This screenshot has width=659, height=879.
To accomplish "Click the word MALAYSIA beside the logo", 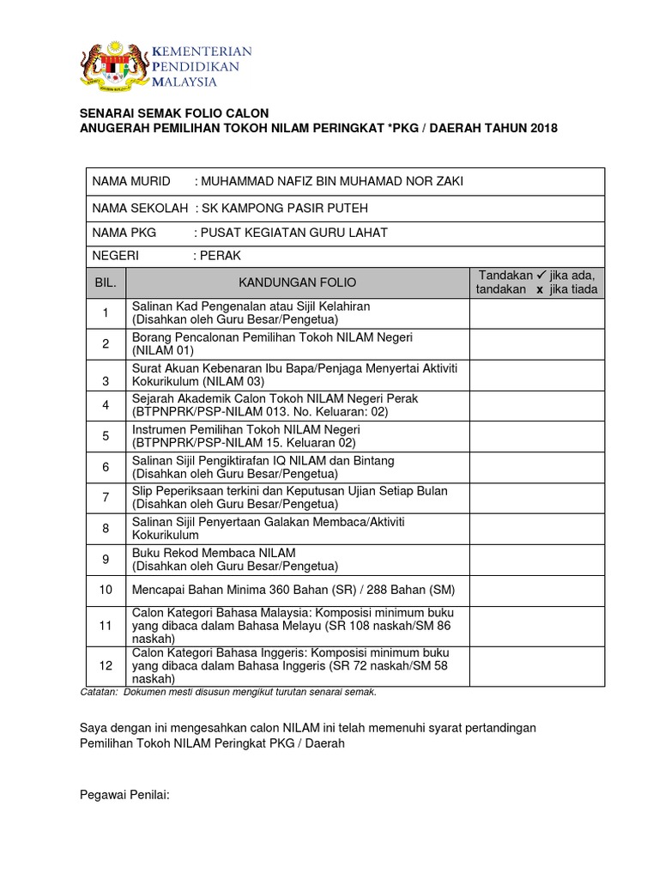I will (x=184, y=82).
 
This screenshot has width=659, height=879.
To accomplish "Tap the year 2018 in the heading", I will (x=543, y=128).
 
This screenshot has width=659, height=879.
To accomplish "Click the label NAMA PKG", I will (x=119, y=233).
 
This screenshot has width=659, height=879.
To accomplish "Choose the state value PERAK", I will (x=220, y=256).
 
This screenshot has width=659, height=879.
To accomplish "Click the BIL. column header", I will (x=106, y=282).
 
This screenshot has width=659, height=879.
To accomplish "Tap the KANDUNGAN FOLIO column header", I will (x=297, y=282).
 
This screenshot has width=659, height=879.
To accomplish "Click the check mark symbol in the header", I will (x=541, y=275).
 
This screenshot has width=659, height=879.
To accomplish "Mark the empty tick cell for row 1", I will (x=536, y=312).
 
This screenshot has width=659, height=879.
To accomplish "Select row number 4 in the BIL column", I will (x=106, y=405).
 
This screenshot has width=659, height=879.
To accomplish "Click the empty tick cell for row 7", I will (x=536, y=497).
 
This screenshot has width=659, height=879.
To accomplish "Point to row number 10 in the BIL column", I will (x=106, y=590).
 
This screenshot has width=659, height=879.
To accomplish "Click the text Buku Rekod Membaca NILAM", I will (x=213, y=552).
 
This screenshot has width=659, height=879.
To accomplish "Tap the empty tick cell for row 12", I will (x=536, y=664).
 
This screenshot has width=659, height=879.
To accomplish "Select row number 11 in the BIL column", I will (x=106, y=626).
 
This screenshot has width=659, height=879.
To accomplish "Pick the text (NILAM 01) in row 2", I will (x=163, y=350).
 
